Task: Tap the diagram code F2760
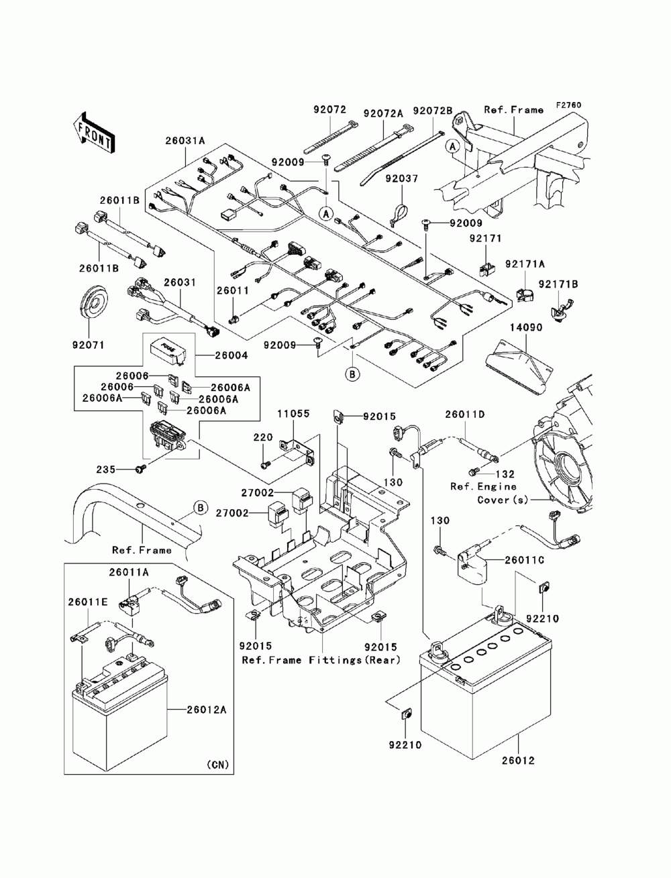coord(568,105)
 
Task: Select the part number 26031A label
coord(185,141)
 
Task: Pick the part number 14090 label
coord(526,327)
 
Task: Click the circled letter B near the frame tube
coord(201,508)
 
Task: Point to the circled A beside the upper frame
coord(452,147)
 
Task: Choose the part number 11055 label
coord(294,413)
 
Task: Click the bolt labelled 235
coord(140,468)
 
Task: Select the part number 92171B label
coord(558,284)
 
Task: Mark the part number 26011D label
coord(464,415)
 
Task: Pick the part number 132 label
coord(505,474)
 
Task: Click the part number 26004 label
coord(231,355)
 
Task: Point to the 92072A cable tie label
coord(383,113)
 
